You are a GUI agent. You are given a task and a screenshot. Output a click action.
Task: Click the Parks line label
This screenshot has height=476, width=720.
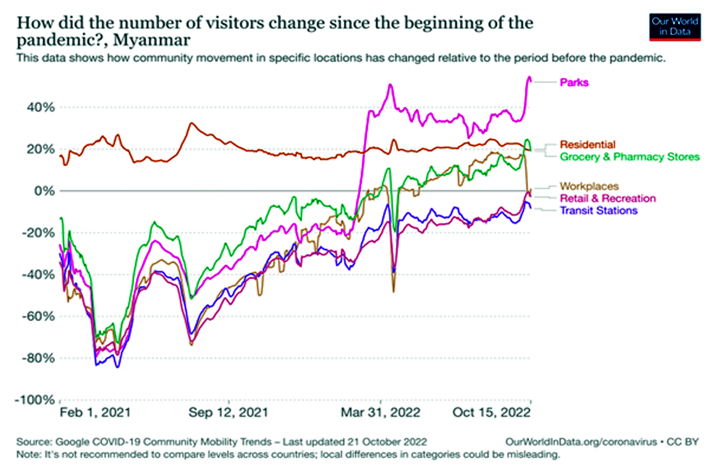point(574,83)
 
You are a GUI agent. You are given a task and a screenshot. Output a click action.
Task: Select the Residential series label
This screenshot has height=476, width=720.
point(588,144)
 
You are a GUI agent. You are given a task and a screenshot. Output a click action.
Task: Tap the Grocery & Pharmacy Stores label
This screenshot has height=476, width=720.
point(630,157)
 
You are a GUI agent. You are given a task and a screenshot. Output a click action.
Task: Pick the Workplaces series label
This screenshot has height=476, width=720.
point(589,186)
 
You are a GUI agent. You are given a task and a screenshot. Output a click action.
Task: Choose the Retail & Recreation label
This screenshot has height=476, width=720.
point(608,198)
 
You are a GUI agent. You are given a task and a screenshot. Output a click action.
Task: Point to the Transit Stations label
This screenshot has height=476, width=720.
point(599,210)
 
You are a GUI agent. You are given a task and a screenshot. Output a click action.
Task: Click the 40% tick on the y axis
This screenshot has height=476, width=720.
point(41,107)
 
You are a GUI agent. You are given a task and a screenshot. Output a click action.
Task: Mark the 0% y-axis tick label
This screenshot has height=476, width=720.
point(45,190)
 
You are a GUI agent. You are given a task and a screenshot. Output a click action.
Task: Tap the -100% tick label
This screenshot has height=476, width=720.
point(35,400)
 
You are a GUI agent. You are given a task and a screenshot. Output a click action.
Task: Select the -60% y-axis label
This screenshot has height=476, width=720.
point(38,316)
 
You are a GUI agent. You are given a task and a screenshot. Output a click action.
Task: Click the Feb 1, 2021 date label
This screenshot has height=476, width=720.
point(95,413)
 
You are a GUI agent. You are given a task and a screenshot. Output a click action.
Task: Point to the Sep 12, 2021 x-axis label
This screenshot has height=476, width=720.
point(228,413)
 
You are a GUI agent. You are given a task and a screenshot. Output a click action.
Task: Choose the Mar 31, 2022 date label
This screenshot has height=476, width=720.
point(380,413)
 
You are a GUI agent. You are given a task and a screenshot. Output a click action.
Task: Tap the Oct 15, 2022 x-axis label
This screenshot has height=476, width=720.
point(491,413)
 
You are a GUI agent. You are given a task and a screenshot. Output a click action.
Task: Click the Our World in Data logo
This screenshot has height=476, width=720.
point(675,27)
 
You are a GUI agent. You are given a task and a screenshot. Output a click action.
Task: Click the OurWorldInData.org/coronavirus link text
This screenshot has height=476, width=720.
point(581,442)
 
